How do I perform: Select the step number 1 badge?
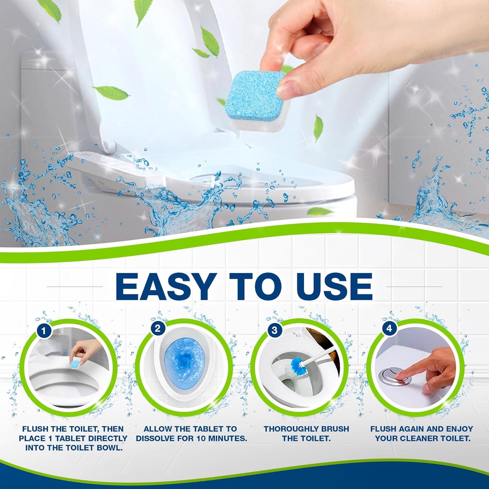pyautogui.click(x=44, y=331)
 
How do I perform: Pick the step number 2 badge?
pyautogui.click(x=158, y=328)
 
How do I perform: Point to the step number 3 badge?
pyautogui.click(x=274, y=330)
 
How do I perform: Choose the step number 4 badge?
pyautogui.click(x=389, y=328)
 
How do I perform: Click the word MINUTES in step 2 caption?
pyautogui.click(x=226, y=438)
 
